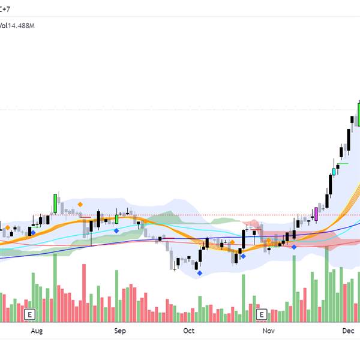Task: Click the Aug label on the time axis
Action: click(x=37, y=331)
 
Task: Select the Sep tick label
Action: click(x=119, y=331)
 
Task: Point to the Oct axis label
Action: click(x=189, y=331)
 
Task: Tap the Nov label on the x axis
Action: click(x=268, y=331)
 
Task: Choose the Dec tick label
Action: click(x=349, y=331)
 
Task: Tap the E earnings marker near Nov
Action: click(x=261, y=314)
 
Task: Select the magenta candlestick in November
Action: click(x=316, y=214)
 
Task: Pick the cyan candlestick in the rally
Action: click(x=334, y=172)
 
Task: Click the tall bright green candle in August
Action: click(x=55, y=203)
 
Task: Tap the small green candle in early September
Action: click(x=117, y=219)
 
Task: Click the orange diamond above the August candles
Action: click(x=80, y=205)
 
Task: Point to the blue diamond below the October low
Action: click(x=200, y=273)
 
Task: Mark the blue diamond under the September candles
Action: click(x=116, y=230)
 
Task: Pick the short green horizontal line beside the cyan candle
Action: click(x=343, y=163)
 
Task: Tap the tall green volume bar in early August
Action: click(x=55, y=288)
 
